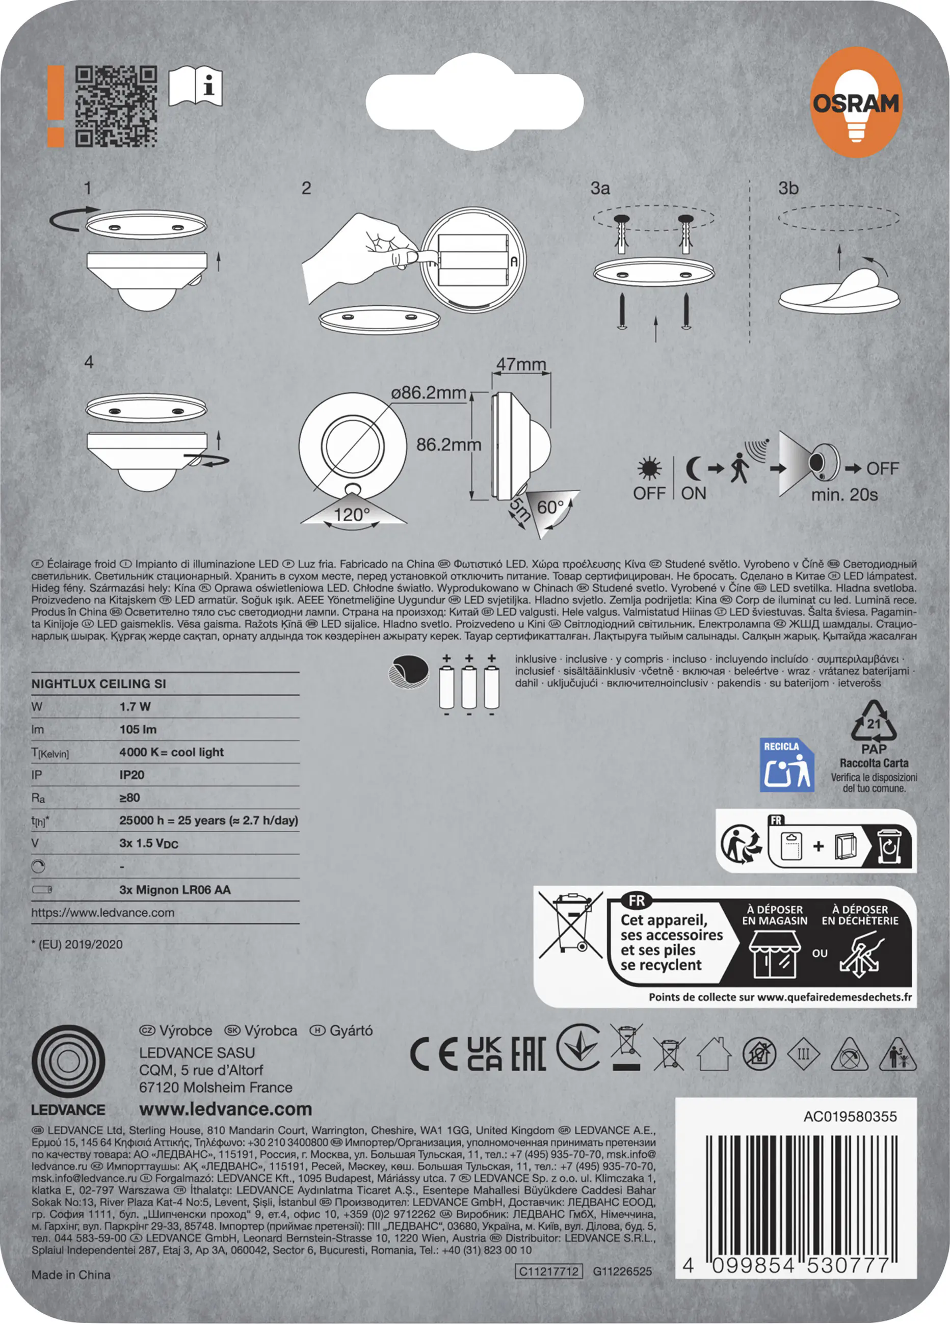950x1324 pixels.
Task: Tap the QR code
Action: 116,105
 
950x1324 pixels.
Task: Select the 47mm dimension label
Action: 521,364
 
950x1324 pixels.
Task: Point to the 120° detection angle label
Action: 352,515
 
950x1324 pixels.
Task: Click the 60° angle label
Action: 550,507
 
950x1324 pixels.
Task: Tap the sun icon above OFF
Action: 649,468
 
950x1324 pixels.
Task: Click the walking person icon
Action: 739,468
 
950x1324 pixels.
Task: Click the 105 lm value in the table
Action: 138,729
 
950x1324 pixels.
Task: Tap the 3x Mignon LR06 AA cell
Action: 175,890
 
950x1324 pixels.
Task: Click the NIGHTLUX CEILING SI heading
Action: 99,683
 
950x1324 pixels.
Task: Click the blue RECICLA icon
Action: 786,765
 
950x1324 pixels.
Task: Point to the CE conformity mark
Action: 433,1054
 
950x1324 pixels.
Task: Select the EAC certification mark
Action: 529,1054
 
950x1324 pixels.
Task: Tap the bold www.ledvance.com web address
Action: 225,1109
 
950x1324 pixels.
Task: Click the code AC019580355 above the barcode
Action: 850,1117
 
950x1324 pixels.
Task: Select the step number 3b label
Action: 788,188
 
